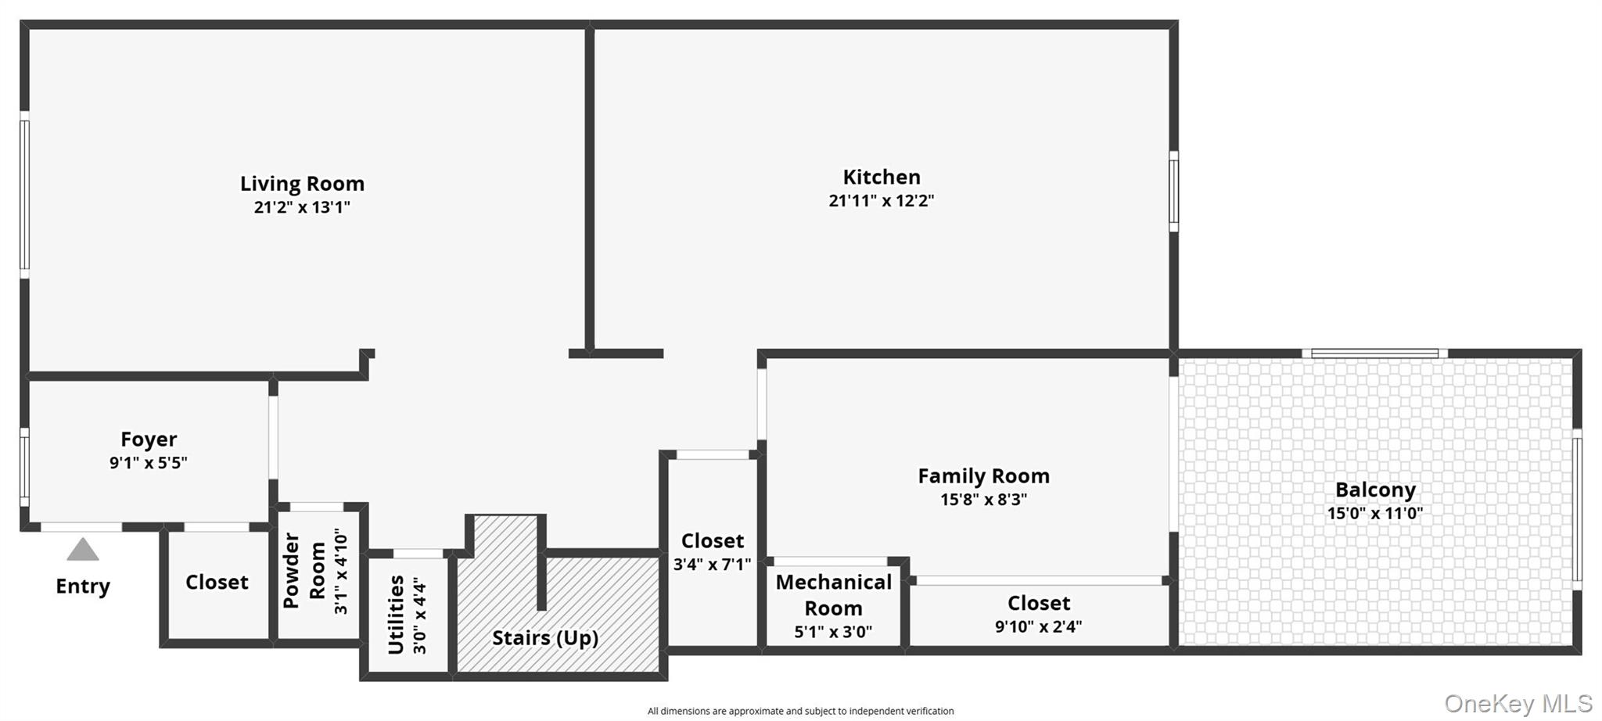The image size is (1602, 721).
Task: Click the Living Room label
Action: pyautogui.click(x=302, y=184)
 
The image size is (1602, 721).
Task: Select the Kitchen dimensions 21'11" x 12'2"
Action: pyautogui.click(x=881, y=201)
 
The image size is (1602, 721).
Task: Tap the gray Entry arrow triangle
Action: pyautogui.click(x=82, y=550)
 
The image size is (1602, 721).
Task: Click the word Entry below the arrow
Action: pyautogui.click(x=82, y=586)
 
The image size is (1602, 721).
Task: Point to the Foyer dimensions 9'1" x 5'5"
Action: pyautogui.click(x=148, y=463)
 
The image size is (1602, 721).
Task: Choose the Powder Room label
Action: pyautogui.click(x=304, y=571)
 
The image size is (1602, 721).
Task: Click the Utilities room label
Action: pyautogui.click(x=397, y=615)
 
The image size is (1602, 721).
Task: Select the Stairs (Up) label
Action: pyautogui.click(x=544, y=638)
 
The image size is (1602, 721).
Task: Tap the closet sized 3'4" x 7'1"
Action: pyautogui.click(x=712, y=552)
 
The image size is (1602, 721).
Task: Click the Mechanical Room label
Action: pyautogui.click(x=833, y=595)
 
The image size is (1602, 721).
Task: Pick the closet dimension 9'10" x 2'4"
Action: pyautogui.click(x=1038, y=627)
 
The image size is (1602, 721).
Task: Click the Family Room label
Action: pyautogui.click(x=983, y=476)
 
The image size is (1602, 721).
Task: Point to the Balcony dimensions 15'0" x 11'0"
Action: pyautogui.click(x=1374, y=514)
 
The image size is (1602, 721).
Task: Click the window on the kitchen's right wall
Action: pyautogui.click(x=1173, y=192)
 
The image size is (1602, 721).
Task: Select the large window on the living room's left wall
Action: pyautogui.click(x=24, y=195)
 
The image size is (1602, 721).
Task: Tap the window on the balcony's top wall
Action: pyautogui.click(x=1374, y=353)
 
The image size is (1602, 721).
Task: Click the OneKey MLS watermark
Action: pyautogui.click(x=1518, y=704)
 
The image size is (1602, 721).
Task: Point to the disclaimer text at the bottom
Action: pyautogui.click(x=800, y=711)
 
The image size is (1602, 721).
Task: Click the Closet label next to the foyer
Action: pyautogui.click(x=217, y=583)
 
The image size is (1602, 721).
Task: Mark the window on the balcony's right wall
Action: pyautogui.click(x=1577, y=509)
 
